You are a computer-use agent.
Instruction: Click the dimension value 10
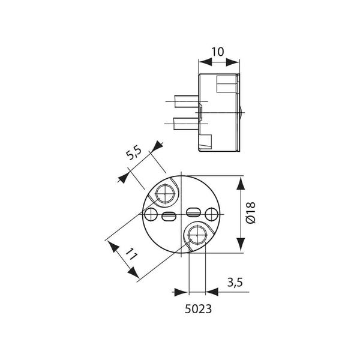coord(217,52)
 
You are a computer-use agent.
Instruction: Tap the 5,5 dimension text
coord(134,152)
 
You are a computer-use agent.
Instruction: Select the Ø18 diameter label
coord(250,213)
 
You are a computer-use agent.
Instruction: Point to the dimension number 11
coord(131,253)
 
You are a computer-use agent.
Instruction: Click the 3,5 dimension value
coord(235,282)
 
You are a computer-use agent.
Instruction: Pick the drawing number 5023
coord(198,309)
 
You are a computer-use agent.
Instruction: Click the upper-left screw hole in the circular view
coord(165,194)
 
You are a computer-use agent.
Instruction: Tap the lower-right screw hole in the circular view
coord(197,235)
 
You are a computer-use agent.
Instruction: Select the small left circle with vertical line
coord(151,214)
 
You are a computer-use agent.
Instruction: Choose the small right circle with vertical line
coord(211,214)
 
